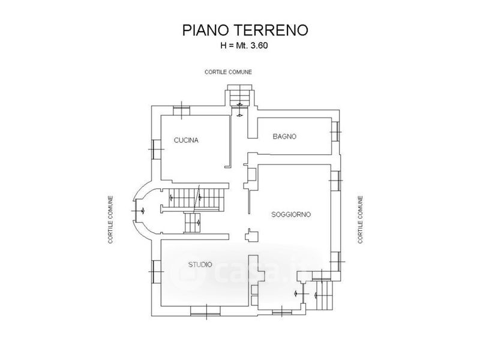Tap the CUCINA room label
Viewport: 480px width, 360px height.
tap(186, 140)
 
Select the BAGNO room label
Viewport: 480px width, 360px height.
tap(284, 137)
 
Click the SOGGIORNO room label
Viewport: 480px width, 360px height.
tap(290, 214)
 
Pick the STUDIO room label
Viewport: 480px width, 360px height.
tap(200, 264)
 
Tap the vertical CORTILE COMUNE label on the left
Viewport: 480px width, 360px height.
tap(111, 220)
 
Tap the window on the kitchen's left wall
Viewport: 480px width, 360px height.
tap(155, 148)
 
